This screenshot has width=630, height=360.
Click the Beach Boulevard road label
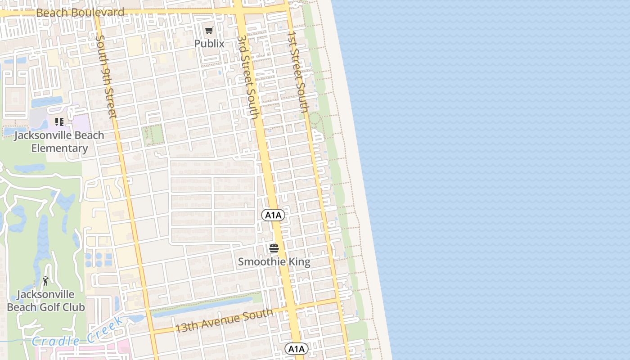click(80, 13)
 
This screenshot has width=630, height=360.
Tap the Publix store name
click(209, 44)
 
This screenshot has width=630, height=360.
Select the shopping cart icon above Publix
click(209, 31)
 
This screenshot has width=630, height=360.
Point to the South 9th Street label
click(106, 76)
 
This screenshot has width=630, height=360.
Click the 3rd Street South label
click(248, 76)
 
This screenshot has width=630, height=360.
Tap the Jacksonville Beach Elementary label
click(59, 141)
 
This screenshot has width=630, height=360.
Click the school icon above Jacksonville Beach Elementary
click(59, 121)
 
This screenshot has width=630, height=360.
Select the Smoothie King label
click(274, 261)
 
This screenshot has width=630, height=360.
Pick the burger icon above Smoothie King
click(274, 248)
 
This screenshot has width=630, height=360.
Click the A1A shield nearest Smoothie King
click(273, 215)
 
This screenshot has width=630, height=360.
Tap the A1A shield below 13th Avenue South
click(296, 349)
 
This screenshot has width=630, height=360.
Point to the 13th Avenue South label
click(224, 320)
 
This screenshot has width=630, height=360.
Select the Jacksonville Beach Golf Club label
click(45, 301)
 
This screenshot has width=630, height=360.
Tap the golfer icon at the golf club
click(45, 281)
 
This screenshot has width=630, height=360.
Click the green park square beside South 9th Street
click(153, 134)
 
